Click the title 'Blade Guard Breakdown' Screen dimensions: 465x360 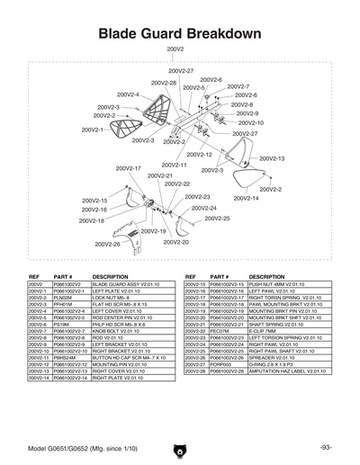179,33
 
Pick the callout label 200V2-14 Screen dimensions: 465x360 245,198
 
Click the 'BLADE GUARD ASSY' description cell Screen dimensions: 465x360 125,284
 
